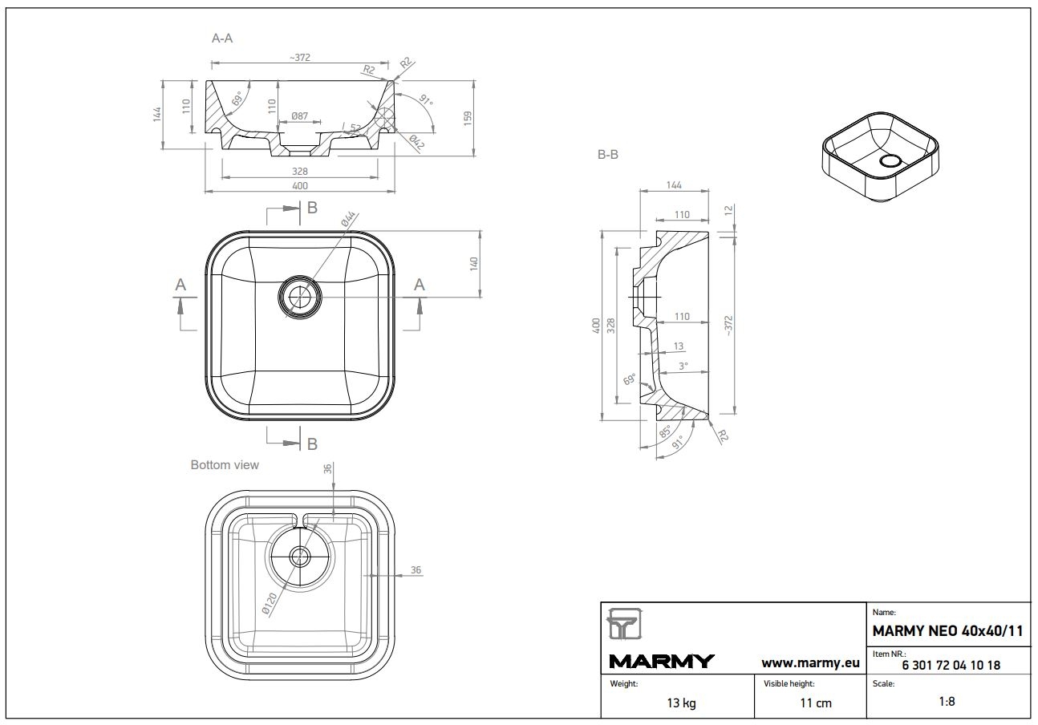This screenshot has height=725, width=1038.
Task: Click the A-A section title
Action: click(222, 38)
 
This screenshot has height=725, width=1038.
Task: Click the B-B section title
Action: click(607, 156)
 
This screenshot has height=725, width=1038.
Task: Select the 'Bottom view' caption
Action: click(225, 464)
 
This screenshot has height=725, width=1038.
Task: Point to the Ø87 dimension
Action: click(299, 116)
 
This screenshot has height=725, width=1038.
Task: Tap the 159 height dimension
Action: click(468, 117)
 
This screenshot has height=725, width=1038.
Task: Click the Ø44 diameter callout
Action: click(349, 219)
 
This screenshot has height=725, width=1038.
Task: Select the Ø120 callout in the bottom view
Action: click(271, 604)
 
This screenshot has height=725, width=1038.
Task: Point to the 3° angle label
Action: click(683, 366)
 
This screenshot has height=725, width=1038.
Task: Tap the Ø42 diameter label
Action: click(416, 143)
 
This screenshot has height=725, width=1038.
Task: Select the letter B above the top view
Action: click(312, 208)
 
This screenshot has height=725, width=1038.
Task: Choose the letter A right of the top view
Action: click(419, 284)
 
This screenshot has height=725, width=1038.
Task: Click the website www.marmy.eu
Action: click(810, 662)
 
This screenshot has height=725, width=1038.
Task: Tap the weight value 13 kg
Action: click(681, 703)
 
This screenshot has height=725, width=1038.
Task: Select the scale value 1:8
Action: click(947, 701)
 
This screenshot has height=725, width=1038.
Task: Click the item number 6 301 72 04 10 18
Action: click(951, 665)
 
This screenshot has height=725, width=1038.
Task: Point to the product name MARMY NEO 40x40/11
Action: click(948, 631)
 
